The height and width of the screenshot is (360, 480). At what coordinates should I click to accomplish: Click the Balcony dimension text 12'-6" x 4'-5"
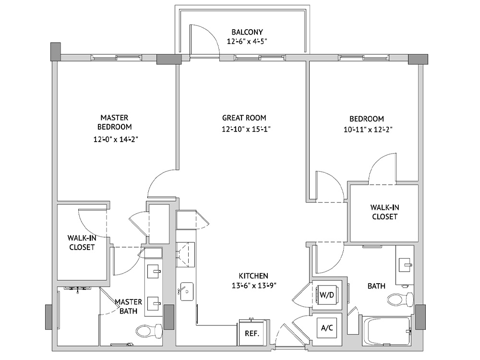(x=247, y=41)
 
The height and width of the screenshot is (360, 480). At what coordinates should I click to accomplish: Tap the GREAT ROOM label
(x=244, y=118)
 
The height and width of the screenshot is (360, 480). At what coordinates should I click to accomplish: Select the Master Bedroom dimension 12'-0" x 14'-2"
(x=116, y=139)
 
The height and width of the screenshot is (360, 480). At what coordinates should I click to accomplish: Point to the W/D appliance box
(x=327, y=295)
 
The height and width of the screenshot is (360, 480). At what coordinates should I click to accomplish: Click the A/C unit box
(x=327, y=328)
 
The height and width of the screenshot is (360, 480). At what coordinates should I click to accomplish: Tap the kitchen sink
(x=185, y=291)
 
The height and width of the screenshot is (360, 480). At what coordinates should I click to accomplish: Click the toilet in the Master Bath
(x=149, y=331)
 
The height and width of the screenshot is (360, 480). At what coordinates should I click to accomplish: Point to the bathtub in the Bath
(x=386, y=331)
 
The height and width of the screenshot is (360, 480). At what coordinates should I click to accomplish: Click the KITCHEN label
(x=253, y=276)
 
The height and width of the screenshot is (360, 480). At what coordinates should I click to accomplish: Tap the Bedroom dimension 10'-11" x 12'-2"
(x=368, y=130)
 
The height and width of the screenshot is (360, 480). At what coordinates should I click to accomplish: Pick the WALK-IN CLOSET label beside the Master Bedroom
(x=82, y=242)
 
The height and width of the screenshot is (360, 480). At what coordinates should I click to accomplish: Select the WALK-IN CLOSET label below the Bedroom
(x=385, y=212)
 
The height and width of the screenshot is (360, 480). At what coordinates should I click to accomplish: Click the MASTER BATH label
(x=128, y=306)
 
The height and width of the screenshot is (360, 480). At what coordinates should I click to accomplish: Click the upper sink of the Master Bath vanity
(x=154, y=271)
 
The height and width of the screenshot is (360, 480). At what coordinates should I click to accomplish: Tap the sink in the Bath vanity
(x=405, y=264)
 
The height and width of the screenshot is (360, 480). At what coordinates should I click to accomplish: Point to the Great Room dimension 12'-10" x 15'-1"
(x=246, y=129)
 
